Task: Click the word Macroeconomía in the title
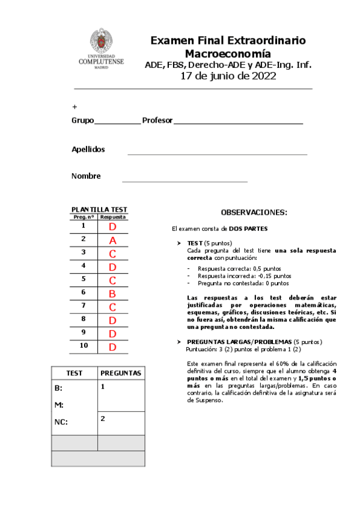[x=228, y=53]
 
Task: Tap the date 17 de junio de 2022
[x=228, y=76]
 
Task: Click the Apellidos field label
[x=88, y=149]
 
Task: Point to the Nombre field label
[x=86, y=176]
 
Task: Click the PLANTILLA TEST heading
[x=99, y=210]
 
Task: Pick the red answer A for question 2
[x=112, y=240]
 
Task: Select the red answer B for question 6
[x=112, y=293]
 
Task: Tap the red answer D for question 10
[x=112, y=347]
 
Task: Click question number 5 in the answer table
[x=84, y=279]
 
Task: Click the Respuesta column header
[x=112, y=217]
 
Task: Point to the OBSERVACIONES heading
[x=254, y=213]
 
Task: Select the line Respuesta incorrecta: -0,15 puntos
[x=244, y=275]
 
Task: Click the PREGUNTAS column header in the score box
[x=121, y=373]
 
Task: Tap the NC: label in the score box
[x=61, y=422]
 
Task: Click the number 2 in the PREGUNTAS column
[x=103, y=418]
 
